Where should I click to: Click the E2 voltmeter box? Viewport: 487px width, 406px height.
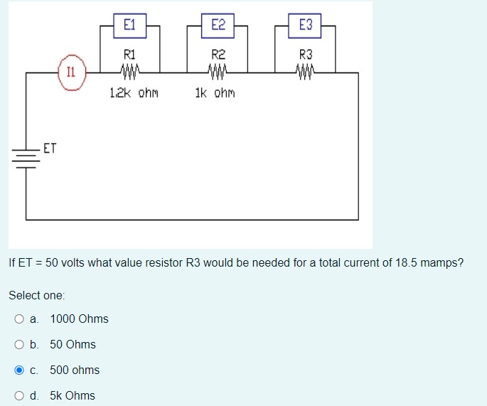coord(218,26)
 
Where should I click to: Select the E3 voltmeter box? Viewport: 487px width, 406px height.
coord(305,26)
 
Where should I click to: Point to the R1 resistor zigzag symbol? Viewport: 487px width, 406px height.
coord(130,72)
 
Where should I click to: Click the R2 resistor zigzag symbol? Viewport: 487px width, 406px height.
coord(218,72)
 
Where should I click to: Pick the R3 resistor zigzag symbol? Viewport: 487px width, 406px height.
coord(305,72)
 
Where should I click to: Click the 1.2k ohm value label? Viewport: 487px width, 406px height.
coord(134,93)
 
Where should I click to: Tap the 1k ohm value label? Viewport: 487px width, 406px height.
coord(215,93)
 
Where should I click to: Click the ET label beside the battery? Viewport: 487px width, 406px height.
coord(50,149)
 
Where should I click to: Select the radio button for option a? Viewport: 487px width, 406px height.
coord(20,319)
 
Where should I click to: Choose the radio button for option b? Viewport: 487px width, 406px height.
coord(20,345)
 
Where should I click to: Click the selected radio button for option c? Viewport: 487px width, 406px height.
coord(20,370)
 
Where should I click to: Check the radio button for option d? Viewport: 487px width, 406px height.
coord(20,396)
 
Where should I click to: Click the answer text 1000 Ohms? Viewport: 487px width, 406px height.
coord(79,319)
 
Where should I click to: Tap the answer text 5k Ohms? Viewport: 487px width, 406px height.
coord(72,396)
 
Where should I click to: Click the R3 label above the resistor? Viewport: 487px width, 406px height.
coord(305,53)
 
